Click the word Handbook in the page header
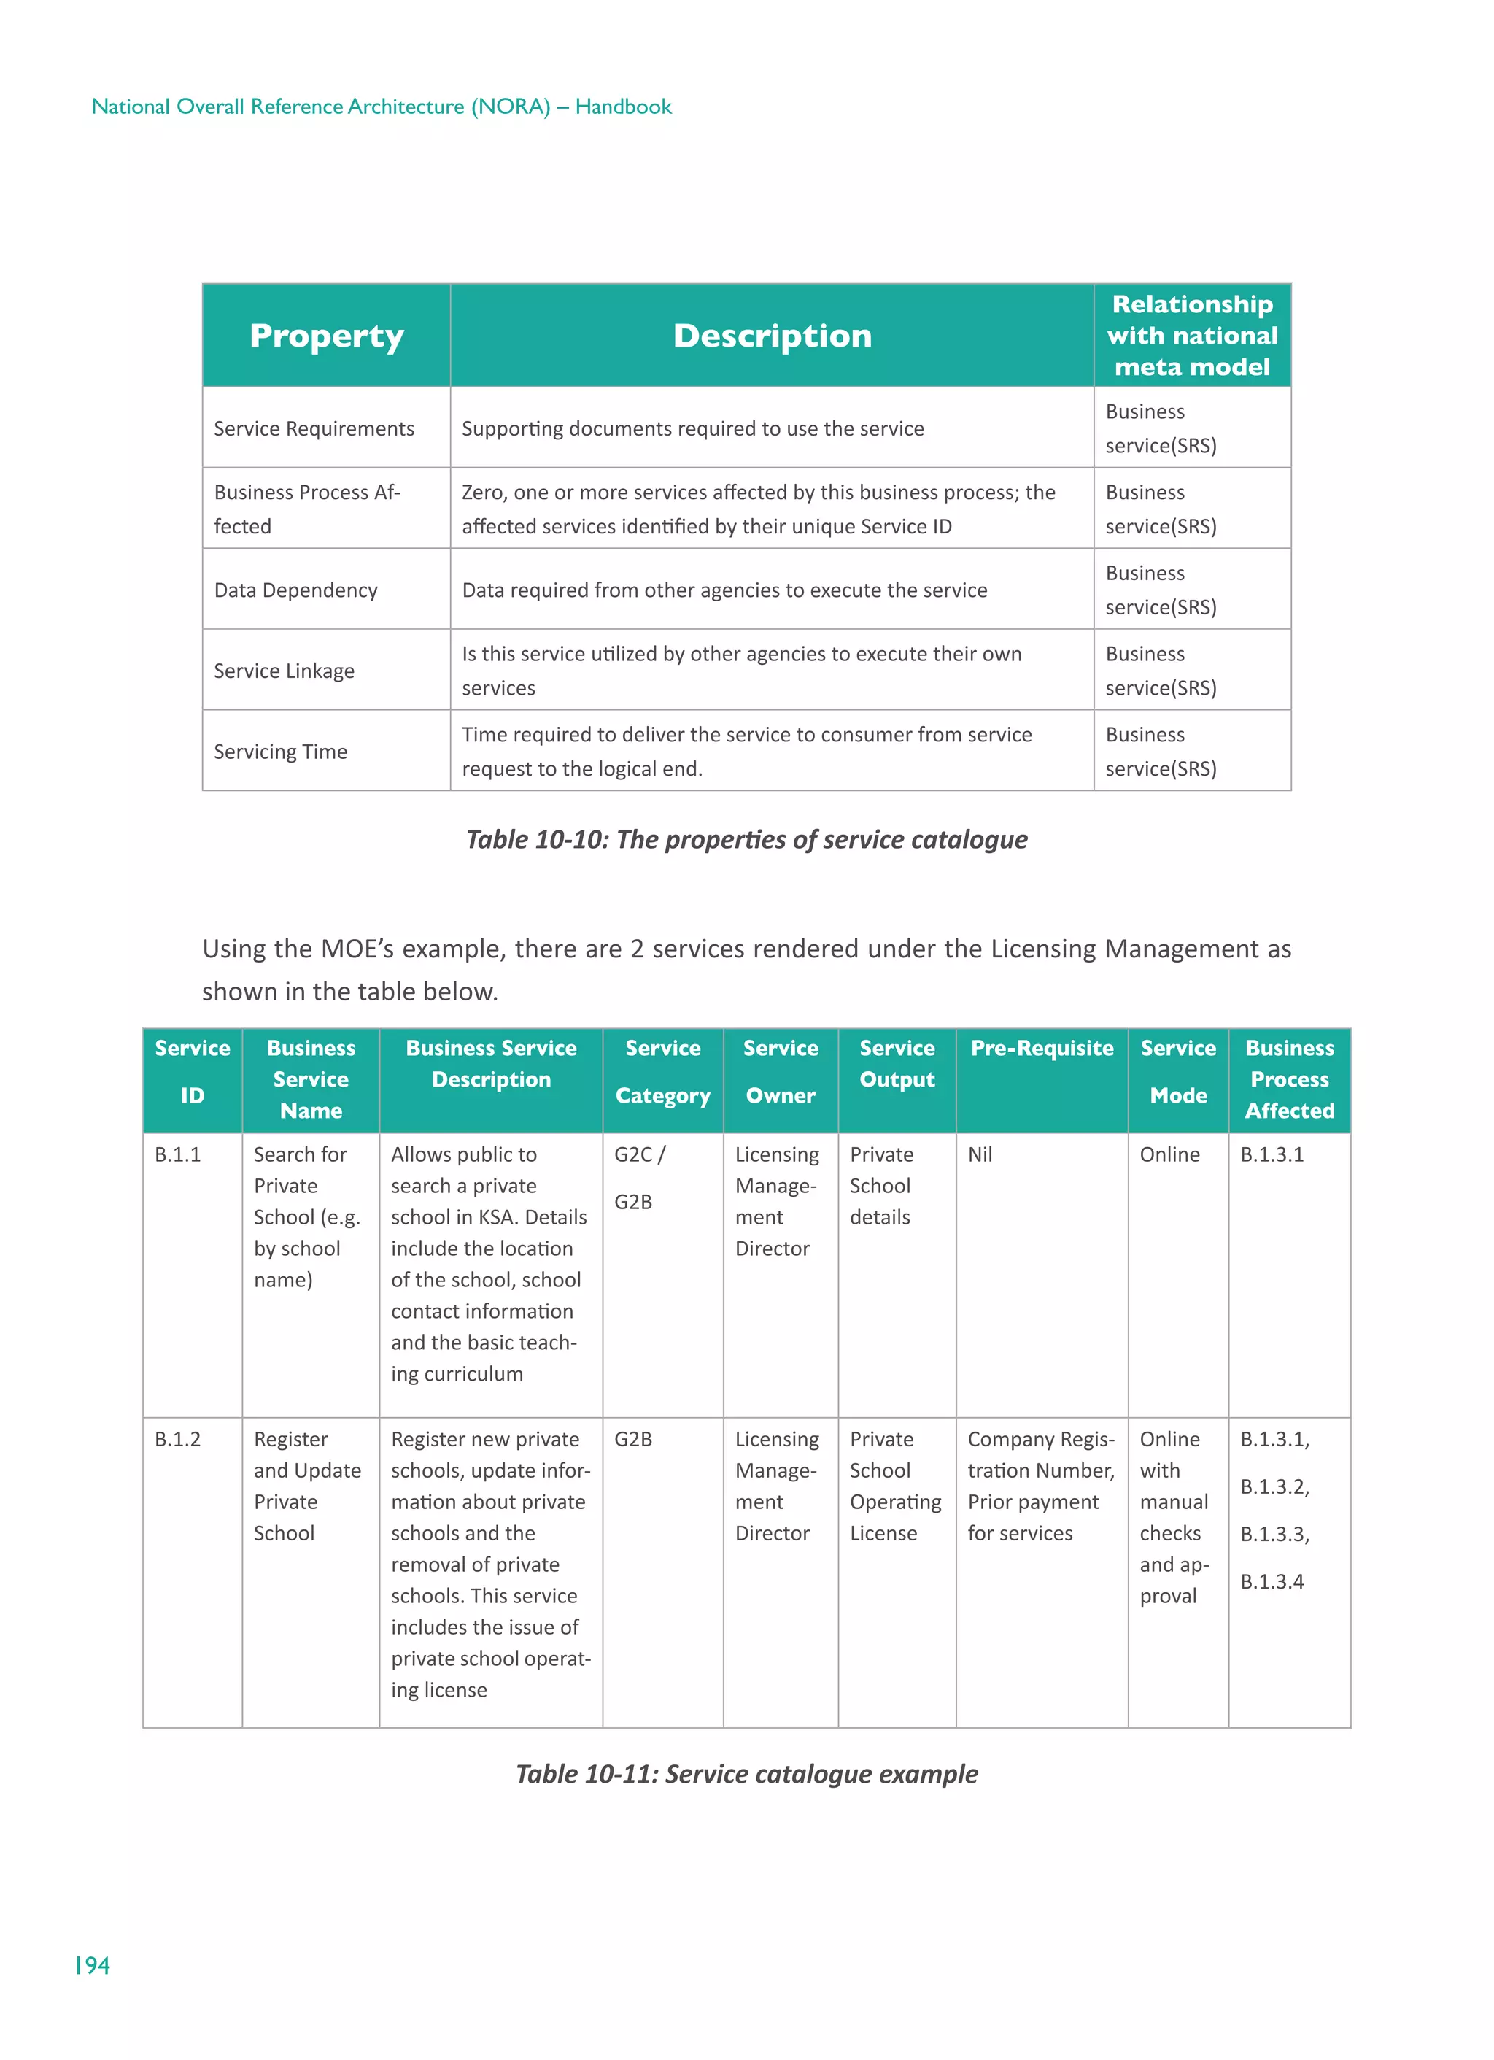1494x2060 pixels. pyautogui.click(x=623, y=107)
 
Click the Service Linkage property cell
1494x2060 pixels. pyautogui.click(x=285, y=671)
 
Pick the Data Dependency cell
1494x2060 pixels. pyautogui.click(x=295, y=590)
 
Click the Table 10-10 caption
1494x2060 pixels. pyautogui.click(x=746, y=838)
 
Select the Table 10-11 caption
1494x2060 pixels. pyautogui.click(x=746, y=1773)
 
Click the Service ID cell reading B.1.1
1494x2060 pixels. pyautogui.click(x=177, y=1154)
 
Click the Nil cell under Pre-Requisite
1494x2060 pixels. pyautogui.click(x=979, y=1154)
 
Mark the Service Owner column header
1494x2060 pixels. pyautogui.click(x=780, y=1072)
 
